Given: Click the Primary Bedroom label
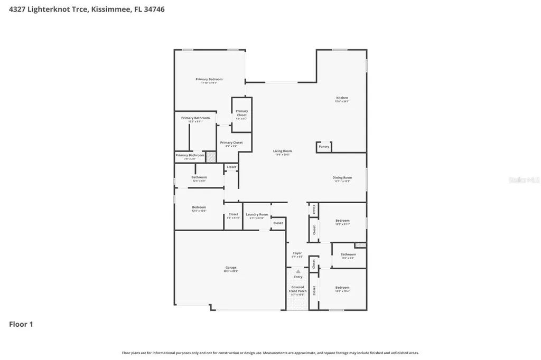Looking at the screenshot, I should pyautogui.click(x=209, y=80).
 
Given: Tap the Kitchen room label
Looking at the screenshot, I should pyautogui.click(x=342, y=98).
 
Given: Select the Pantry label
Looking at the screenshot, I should pyautogui.click(x=324, y=147).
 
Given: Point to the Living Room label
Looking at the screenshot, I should pyautogui.click(x=283, y=151).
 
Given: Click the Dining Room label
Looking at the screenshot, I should pyautogui.click(x=342, y=178).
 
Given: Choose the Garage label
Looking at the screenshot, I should pyautogui.click(x=231, y=268).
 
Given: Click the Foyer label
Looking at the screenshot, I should pyautogui.click(x=297, y=253).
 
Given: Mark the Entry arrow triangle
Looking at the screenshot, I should pyautogui.click(x=298, y=271).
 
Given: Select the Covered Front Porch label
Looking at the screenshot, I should pyautogui.click(x=298, y=289).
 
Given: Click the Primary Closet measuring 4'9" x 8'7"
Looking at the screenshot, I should pyautogui.click(x=241, y=113).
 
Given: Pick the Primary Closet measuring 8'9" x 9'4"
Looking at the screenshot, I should pyautogui.click(x=231, y=143).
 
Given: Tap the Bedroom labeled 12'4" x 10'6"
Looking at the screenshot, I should pyautogui.click(x=199, y=207).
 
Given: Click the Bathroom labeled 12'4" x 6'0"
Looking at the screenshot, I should pyautogui.click(x=199, y=177).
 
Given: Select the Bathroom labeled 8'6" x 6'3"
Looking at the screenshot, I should pyautogui.click(x=348, y=255).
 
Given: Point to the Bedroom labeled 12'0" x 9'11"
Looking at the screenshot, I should pyautogui.click(x=342, y=221).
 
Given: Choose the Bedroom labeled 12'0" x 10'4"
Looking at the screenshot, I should pyautogui.click(x=342, y=288).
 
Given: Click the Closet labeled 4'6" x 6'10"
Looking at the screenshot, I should pyautogui.click(x=233, y=215).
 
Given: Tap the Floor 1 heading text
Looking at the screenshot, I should pyautogui.click(x=21, y=324).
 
